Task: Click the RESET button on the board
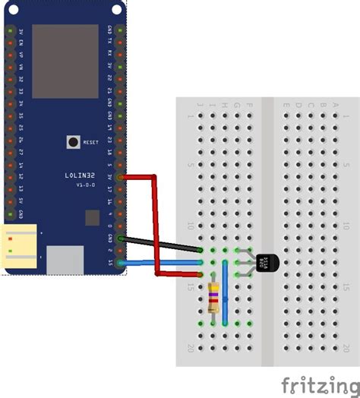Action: click(x=74, y=141)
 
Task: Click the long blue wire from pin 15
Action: click(x=159, y=262)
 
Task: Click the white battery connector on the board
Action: click(x=21, y=248)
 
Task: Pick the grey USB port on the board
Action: click(x=65, y=259)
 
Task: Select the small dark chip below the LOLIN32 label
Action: click(x=91, y=217)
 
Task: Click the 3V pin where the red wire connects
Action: click(x=119, y=176)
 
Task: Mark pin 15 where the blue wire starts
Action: click(x=119, y=263)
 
